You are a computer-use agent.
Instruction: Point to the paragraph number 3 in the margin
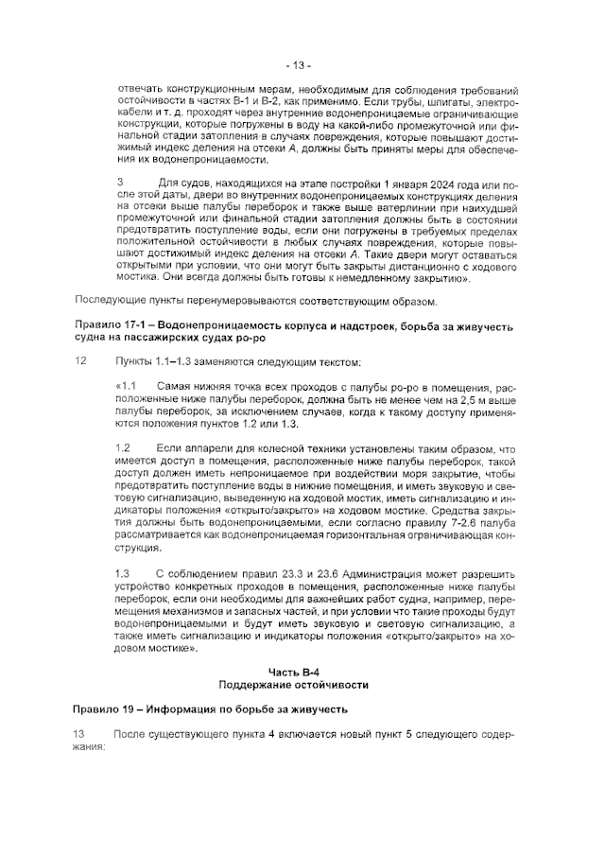tap(119, 182)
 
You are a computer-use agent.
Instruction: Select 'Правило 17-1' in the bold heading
tap(107, 326)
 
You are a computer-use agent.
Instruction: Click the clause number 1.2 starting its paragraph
tap(122, 447)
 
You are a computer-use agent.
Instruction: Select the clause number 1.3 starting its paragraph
tap(122, 574)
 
